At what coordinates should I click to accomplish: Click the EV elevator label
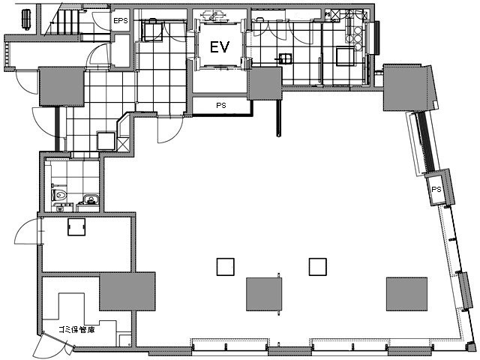tap(220, 47)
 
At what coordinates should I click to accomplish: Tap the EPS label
tap(120, 21)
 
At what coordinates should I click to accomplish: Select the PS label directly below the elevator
tap(221, 105)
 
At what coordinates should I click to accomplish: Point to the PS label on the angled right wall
tap(436, 190)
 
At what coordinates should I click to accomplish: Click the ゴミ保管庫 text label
tap(76, 330)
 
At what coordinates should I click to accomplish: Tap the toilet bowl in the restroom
tap(59, 195)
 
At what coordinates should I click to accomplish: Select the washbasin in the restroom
tap(90, 199)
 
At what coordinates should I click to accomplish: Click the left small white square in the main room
tap(225, 267)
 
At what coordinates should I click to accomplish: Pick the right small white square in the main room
tap(318, 267)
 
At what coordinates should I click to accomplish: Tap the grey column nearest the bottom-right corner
tap(406, 294)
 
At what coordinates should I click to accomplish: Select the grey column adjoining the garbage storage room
tap(127, 291)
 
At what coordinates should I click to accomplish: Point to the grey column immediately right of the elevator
tap(265, 83)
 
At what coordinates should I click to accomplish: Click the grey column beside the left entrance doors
tap(61, 86)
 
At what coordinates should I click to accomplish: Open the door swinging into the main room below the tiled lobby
tap(169, 130)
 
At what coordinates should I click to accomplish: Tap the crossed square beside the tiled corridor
tap(123, 144)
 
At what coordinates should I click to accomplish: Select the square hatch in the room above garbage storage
tap(76, 226)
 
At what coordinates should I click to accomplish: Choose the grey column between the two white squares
tap(264, 294)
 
